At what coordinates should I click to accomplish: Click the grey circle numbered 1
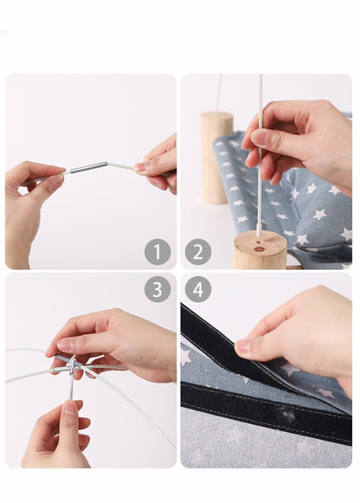click(x=157, y=252)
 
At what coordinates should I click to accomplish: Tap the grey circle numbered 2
click(x=198, y=252)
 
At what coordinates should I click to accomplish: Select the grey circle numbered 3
click(x=157, y=289)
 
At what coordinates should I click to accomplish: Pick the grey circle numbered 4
click(x=198, y=289)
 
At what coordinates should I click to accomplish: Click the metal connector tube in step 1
click(x=89, y=167)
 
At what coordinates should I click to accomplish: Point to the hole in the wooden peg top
click(x=260, y=249)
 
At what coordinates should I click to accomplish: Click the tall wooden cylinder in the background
click(x=216, y=158)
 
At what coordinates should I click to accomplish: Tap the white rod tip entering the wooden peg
click(x=259, y=232)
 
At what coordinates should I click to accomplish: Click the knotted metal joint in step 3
click(x=72, y=366)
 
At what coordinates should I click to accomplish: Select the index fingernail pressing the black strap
click(x=242, y=345)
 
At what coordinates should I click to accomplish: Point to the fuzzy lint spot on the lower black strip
click(x=287, y=415)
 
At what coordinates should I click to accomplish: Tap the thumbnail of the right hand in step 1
click(x=140, y=167)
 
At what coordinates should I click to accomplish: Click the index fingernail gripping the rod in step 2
click(x=259, y=138)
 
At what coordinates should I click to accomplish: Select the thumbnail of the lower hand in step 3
click(x=70, y=408)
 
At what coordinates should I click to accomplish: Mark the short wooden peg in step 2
click(x=260, y=251)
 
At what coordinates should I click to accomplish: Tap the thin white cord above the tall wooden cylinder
click(x=219, y=94)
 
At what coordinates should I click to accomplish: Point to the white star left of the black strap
click(x=185, y=357)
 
